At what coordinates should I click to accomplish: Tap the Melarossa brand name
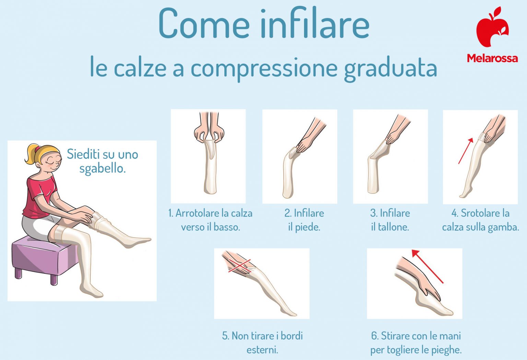[492, 58]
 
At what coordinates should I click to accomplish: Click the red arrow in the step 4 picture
[466, 151]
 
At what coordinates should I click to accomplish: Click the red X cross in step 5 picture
[239, 266]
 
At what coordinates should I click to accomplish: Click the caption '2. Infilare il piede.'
[304, 220]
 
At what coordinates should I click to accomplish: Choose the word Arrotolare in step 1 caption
[198, 213]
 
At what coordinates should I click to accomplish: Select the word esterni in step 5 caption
[262, 350]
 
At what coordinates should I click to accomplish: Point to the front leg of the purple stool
[54, 279]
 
